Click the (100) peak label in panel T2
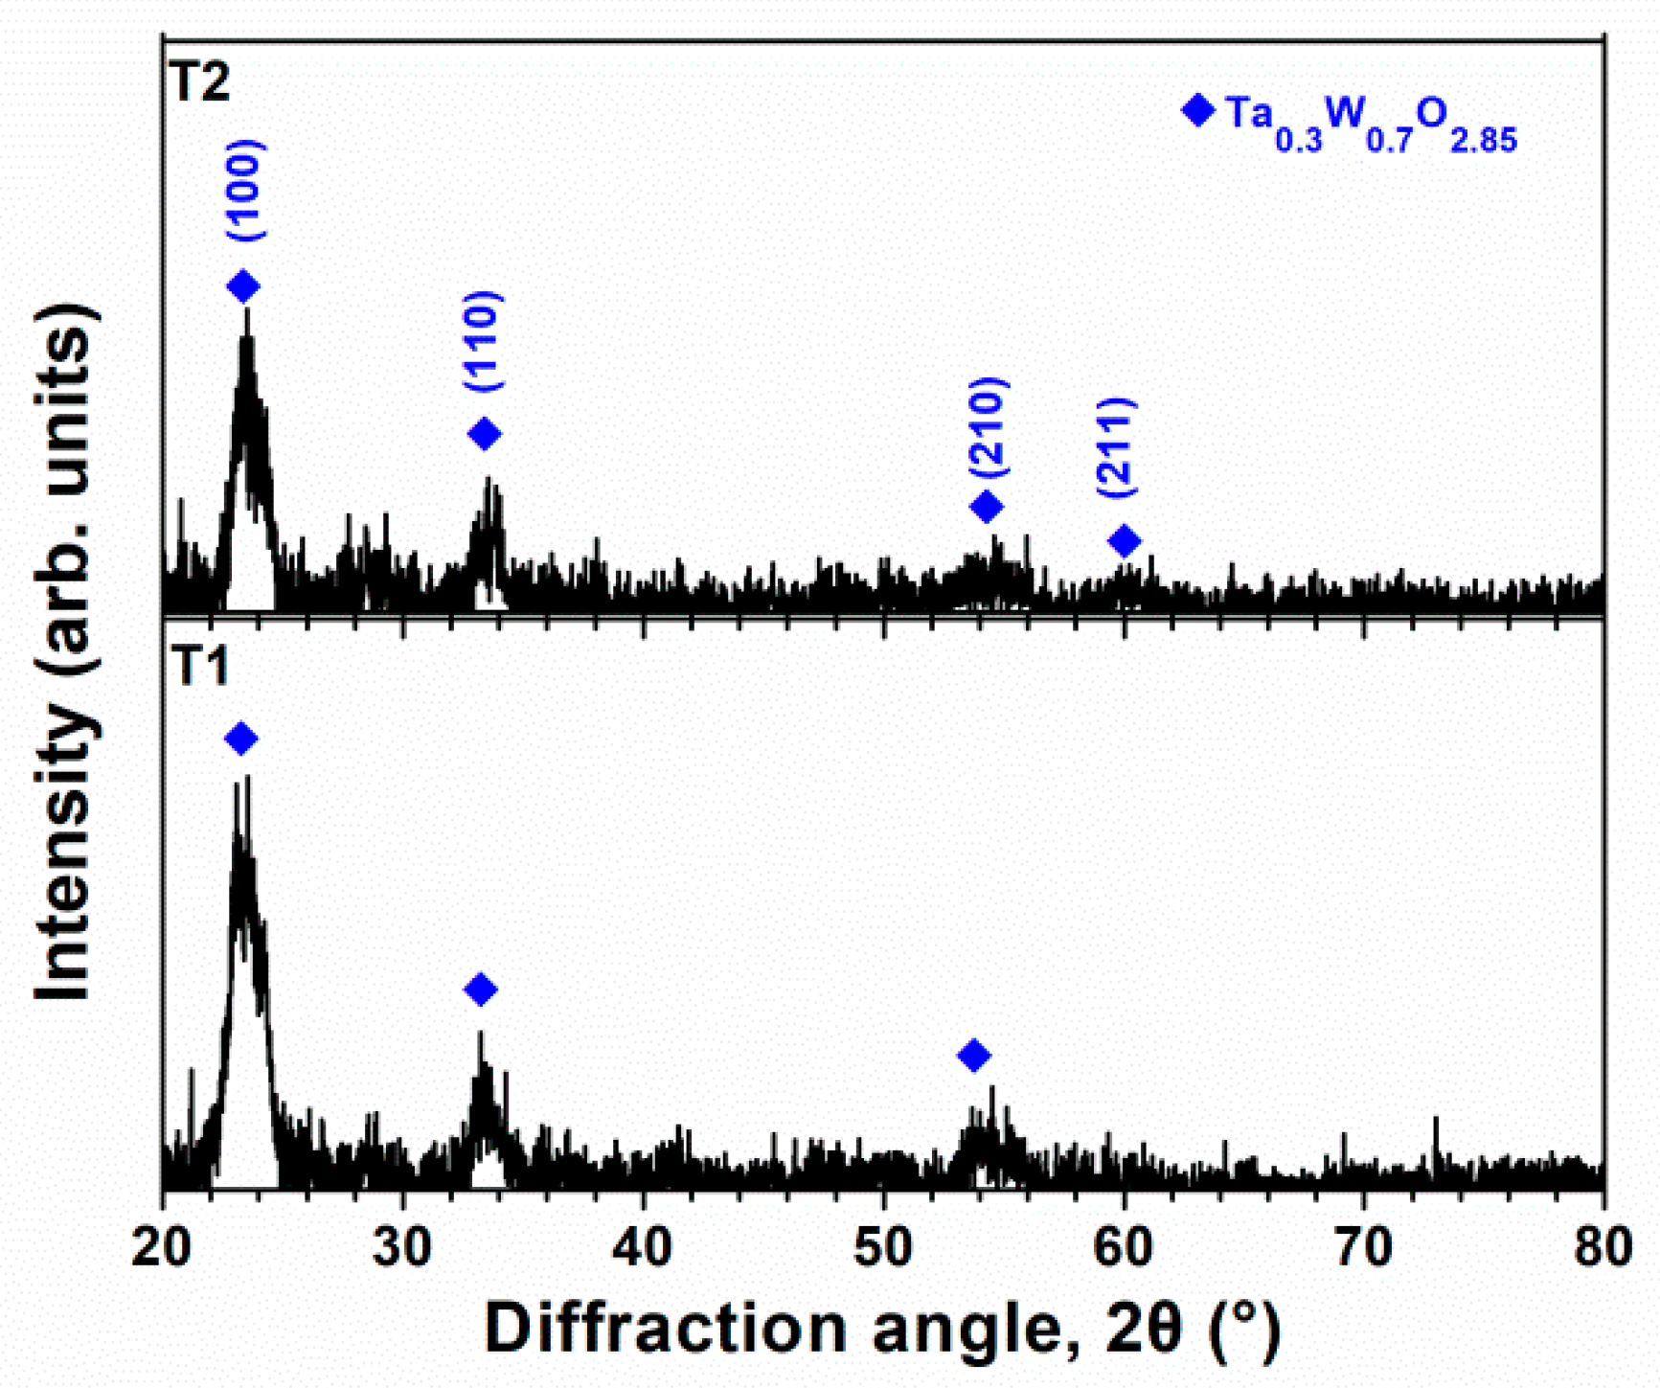[x=245, y=191]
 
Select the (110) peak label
[x=484, y=340]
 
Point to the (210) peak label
[x=989, y=428]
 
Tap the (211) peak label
[x=1117, y=447]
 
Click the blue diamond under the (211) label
[x=1125, y=541]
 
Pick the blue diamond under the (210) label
[x=987, y=506]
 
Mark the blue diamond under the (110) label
[x=485, y=434]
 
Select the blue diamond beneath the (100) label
[x=243, y=286]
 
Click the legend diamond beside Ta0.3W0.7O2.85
[x=1197, y=110]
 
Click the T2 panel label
[x=200, y=82]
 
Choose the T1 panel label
[x=200, y=665]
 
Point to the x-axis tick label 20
[x=162, y=1249]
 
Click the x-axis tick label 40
[x=643, y=1249]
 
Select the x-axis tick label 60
[x=1124, y=1249]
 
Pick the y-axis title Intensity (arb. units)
[x=67, y=651]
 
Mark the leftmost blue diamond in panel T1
[x=241, y=739]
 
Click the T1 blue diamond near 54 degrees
[x=974, y=1056]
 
